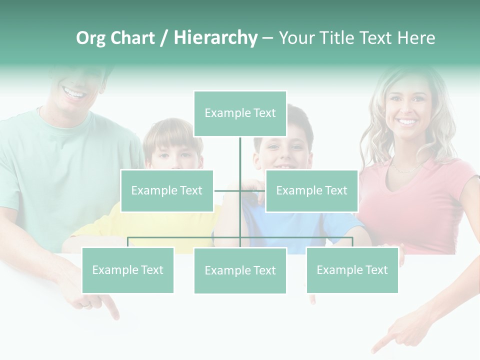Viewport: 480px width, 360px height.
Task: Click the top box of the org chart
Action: pyautogui.click(x=240, y=113)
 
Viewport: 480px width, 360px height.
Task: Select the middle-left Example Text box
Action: pyautogui.click(x=167, y=190)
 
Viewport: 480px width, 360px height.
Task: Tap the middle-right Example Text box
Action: pyautogui.click(x=311, y=190)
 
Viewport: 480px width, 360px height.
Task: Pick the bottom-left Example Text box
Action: pyautogui.click(x=127, y=270)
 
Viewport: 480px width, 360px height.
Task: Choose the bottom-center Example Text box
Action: pyautogui.click(x=240, y=270)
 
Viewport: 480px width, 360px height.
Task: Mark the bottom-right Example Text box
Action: pyautogui.click(x=352, y=270)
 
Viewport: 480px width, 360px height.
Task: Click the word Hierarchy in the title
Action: pyautogui.click(x=215, y=38)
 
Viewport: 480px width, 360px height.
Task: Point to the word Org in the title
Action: pyautogui.click(x=90, y=38)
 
